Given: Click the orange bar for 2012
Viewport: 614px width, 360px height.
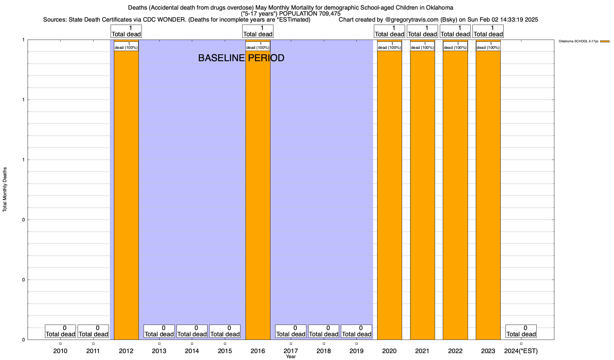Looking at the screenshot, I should point(126,192).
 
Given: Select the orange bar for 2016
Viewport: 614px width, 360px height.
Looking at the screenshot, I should point(258,192).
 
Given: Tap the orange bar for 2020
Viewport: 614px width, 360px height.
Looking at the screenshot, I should point(389,192).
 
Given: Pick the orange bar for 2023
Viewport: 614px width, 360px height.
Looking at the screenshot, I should point(488,192).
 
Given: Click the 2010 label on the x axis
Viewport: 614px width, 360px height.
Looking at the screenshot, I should point(60,351).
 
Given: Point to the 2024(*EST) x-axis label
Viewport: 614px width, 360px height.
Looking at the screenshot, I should point(521,351).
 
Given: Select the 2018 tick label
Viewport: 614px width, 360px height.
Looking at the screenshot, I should point(324,351).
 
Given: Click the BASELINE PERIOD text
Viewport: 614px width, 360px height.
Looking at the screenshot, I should point(241,58).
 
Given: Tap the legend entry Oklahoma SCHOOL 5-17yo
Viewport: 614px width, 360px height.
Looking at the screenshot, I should point(578,41).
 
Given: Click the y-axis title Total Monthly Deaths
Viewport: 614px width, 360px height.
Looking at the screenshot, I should point(5,190).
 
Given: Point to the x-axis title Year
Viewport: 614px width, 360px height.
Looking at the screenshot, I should point(291,357).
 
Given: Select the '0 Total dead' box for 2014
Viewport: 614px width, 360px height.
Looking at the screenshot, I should point(192,331).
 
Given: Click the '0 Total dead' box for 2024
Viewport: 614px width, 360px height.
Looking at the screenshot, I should point(521,331).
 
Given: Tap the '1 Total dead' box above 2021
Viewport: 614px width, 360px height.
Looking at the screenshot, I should point(422,31).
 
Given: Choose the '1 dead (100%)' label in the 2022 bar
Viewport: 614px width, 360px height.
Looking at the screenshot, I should point(455,46).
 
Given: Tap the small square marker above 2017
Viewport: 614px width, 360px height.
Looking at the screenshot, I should point(291,343).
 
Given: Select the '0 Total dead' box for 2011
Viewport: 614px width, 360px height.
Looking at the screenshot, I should point(93,331).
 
